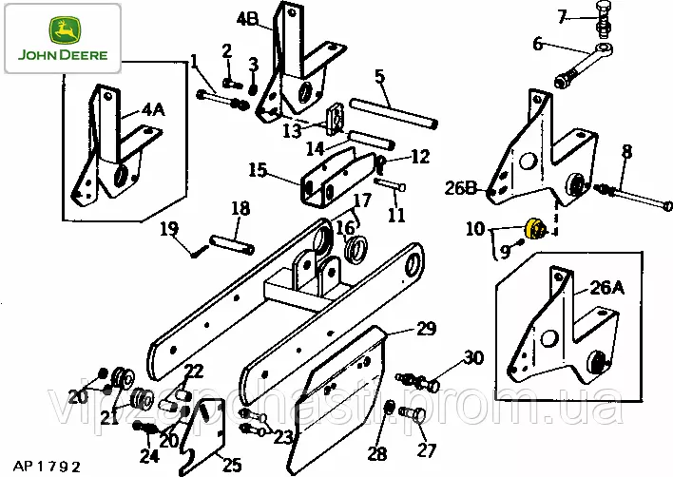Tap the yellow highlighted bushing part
[x=535, y=229]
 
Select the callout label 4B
[x=247, y=18]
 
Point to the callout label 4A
[x=152, y=110]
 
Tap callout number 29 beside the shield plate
[x=426, y=329]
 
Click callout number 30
[x=473, y=358]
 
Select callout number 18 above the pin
[x=240, y=208]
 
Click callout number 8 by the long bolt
[x=627, y=151]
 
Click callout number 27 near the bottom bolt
[x=426, y=450]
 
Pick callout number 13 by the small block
[x=292, y=128]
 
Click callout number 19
[x=169, y=228]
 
